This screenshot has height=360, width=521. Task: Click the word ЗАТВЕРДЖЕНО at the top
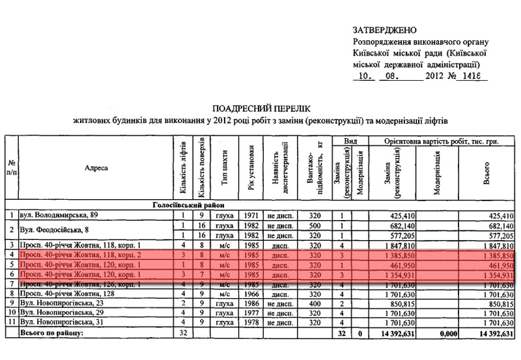coord(387,31)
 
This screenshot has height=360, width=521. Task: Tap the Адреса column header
coord(96,169)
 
